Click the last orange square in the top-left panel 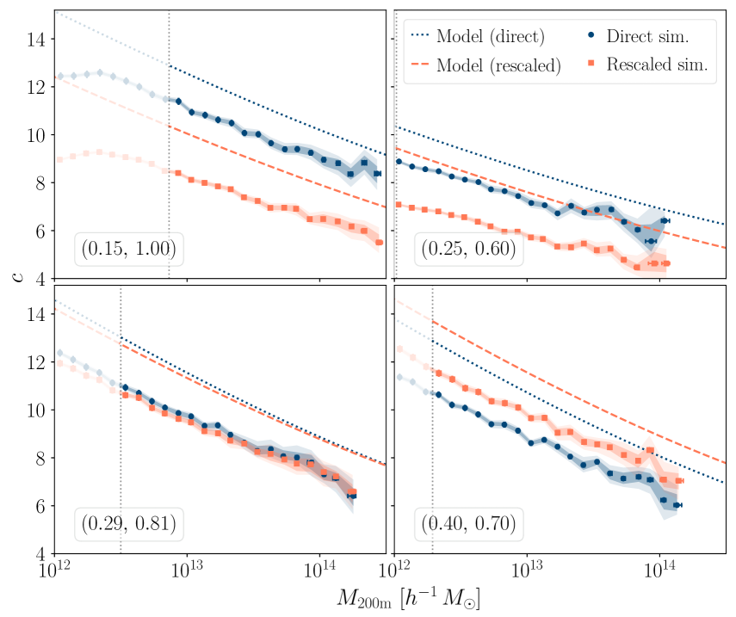(x=379, y=243)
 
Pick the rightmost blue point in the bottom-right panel (x=677, y=505)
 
